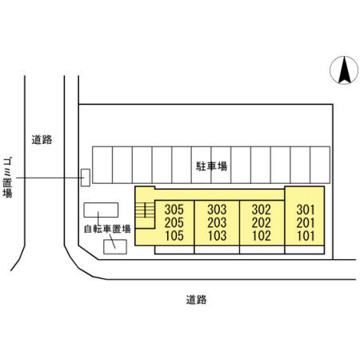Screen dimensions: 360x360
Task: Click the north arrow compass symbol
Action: pyautogui.click(x=344, y=70)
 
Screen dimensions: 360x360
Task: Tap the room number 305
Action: pyautogui.click(x=174, y=210)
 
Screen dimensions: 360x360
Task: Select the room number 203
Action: pyautogui.click(x=217, y=222)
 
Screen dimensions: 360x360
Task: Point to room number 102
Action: pyautogui.click(x=262, y=236)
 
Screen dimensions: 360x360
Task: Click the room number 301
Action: pyautogui.click(x=306, y=210)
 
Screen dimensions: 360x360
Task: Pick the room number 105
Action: pyautogui.click(x=174, y=236)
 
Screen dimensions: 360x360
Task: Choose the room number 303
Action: pyautogui.click(x=217, y=210)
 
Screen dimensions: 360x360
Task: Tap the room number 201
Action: pyautogui.click(x=306, y=223)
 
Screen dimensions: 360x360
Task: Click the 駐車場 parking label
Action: pyautogui.click(x=211, y=166)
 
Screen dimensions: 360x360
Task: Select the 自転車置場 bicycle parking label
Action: pyautogui.click(x=107, y=229)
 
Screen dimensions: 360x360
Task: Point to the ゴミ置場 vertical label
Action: pyautogui.click(x=7, y=177)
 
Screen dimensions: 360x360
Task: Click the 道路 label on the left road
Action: pyautogui.click(x=42, y=140)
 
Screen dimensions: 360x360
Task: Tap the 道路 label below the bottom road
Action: pyautogui.click(x=196, y=300)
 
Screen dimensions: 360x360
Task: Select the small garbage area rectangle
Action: pyautogui.click(x=86, y=178)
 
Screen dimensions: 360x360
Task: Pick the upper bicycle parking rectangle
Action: pyautogui.click(x=101, y=210)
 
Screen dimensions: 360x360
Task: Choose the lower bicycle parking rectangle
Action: pyautogui.click(x=115, y=246)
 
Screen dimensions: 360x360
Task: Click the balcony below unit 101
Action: pyautogui.click(x=305, y=250)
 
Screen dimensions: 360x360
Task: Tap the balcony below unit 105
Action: pyautogui.click(x=174, y=250)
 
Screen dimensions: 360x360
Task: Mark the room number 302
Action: pyautogui.click(x=262, y=210)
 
